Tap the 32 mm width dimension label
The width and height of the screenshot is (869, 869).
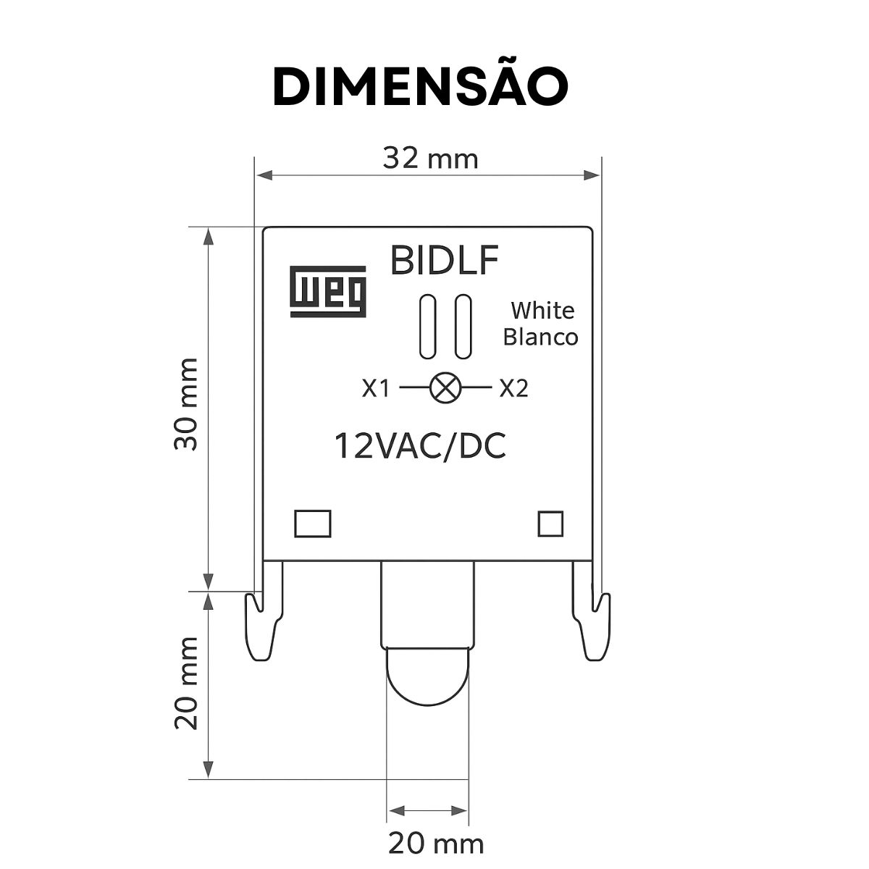(x=431, y=159)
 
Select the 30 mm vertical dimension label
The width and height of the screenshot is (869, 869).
(x=186, y=404)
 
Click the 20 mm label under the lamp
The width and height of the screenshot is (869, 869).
(x=436, y=844)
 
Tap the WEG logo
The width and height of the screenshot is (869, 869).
(x=328, y=291)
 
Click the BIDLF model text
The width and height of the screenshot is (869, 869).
(x=444, y=260)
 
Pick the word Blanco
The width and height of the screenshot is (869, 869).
(x=540, y=337)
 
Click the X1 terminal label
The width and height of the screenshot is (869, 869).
(x=376, y=388)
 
